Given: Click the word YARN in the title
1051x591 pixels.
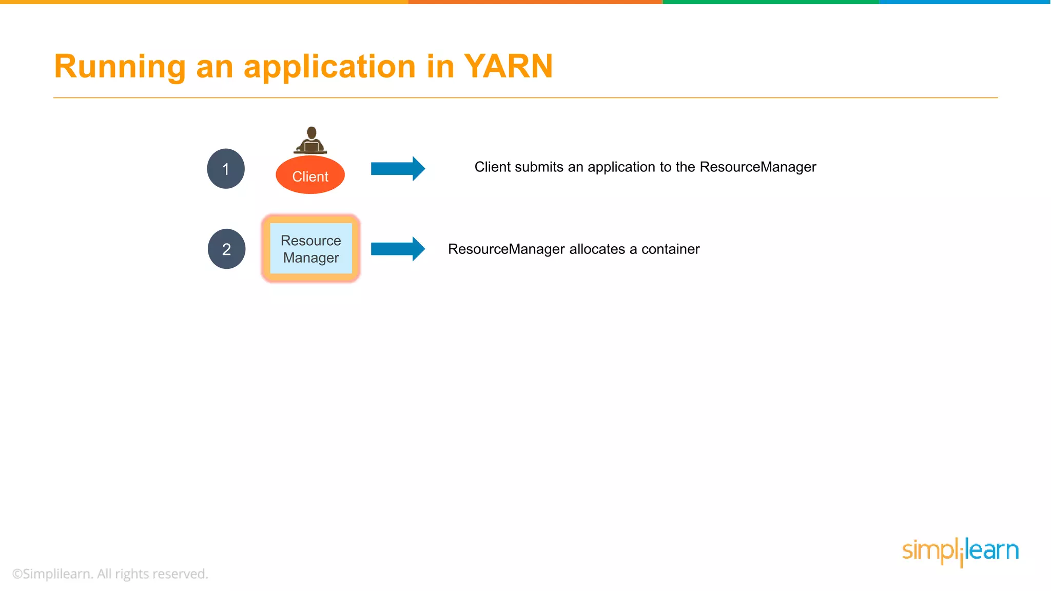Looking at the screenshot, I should (x=508, y=67).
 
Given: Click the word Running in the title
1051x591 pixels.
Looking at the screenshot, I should (x=120, y=67).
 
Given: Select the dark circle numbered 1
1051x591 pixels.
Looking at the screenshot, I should (x=226, y=169).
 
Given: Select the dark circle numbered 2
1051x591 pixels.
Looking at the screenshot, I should (x=226, y=249).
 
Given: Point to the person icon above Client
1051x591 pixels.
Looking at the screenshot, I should (x=310, y=140).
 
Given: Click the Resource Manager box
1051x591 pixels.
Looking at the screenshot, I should (x=311, y=249).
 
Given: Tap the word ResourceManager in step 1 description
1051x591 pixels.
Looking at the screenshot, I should (x=757, y=167).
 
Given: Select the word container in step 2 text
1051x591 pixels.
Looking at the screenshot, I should (x=670, y=249).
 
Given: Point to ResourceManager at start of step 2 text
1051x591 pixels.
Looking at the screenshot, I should (x=506, y=249).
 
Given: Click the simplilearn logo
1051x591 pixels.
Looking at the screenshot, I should (x=960, y=551).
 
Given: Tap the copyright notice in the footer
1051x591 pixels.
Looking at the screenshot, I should (x=110, y=574).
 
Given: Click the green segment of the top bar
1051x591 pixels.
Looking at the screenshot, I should (x=771, y=2).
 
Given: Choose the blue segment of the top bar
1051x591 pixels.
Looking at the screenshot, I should (x=965, y=2).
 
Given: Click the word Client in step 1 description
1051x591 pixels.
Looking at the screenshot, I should (x=493, y=167).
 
